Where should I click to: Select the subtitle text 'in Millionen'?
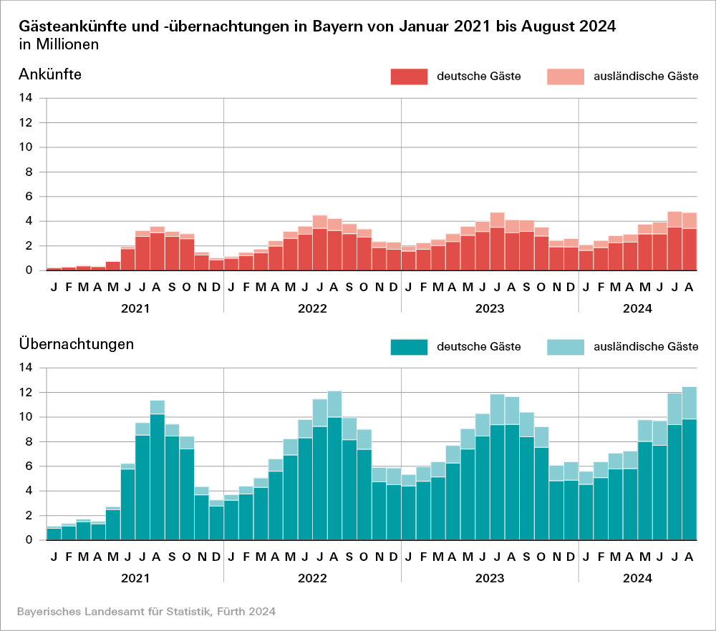59,44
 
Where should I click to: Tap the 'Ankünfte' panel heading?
49,74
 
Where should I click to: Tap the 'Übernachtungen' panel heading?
77,343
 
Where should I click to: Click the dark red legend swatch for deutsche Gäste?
408,77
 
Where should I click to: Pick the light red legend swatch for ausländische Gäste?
565,77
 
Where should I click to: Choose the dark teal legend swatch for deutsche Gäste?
408,347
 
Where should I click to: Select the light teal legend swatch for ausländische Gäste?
565,347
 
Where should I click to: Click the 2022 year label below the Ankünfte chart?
312,309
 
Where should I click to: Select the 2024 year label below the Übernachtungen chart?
637,579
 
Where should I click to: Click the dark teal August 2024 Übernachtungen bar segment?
689,479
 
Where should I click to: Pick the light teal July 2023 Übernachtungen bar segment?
497,409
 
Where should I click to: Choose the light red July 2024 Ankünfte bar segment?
674,219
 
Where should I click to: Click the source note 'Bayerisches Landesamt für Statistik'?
107,612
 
